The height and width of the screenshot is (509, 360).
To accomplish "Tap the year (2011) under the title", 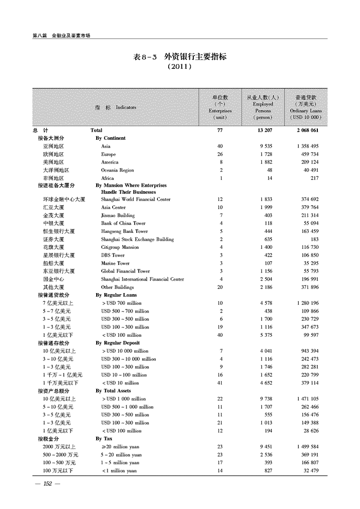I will (179, 66).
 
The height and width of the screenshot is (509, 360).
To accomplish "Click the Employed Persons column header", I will (263, 107).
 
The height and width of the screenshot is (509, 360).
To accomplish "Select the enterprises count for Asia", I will (220, 146).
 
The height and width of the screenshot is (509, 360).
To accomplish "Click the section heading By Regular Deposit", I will (118, 343).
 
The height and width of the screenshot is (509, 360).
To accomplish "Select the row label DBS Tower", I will (113, 255).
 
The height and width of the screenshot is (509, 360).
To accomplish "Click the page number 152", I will (48, 484).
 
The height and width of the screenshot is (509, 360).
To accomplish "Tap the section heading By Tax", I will (104, 439).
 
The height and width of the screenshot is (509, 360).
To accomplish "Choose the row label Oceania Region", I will (117, 170).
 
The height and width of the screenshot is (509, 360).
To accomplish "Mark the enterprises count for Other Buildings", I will (220, 287).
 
